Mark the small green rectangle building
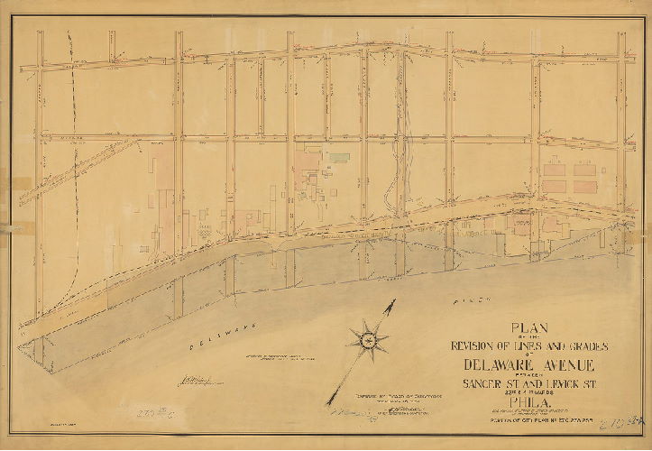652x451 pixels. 337,157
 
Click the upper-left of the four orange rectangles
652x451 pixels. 555,168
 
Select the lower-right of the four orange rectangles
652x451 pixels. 583,186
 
